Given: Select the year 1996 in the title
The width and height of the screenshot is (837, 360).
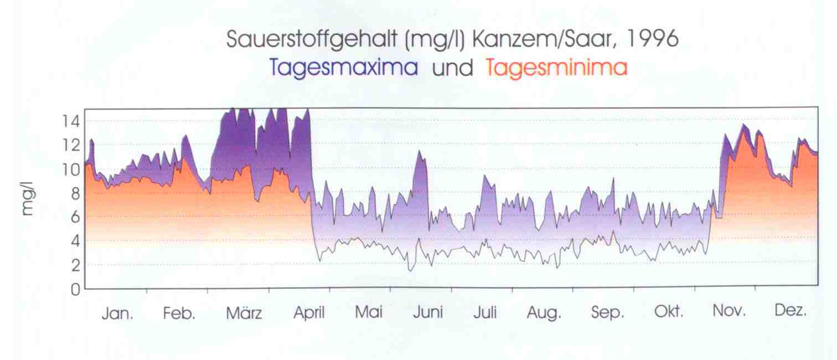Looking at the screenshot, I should click(x=648, y=40).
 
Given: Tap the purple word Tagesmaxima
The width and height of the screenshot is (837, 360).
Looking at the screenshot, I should click(x=344, y=68).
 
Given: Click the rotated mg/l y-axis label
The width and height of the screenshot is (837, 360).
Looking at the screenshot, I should click(x=27, y=198).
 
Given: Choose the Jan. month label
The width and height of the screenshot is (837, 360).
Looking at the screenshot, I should click(x=117, y=313).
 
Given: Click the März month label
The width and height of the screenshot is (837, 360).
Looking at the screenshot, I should click(x=244, y=313).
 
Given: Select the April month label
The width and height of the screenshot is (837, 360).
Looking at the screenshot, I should click(x=308, y=313).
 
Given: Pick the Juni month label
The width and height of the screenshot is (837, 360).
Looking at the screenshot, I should click(x=428, y=313).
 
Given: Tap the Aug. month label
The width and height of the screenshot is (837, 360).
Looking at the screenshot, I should click(x=544, y=313).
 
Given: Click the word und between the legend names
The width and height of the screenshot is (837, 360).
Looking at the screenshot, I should click(x=452, y=68).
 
